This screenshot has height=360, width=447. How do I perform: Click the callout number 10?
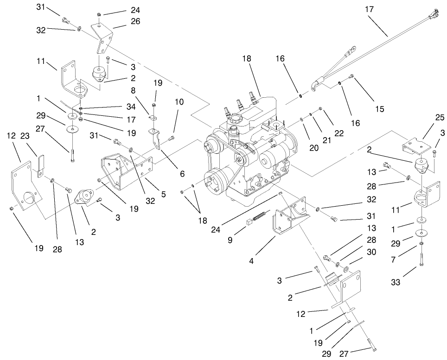pyautogui.click(x=179, y=101)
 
